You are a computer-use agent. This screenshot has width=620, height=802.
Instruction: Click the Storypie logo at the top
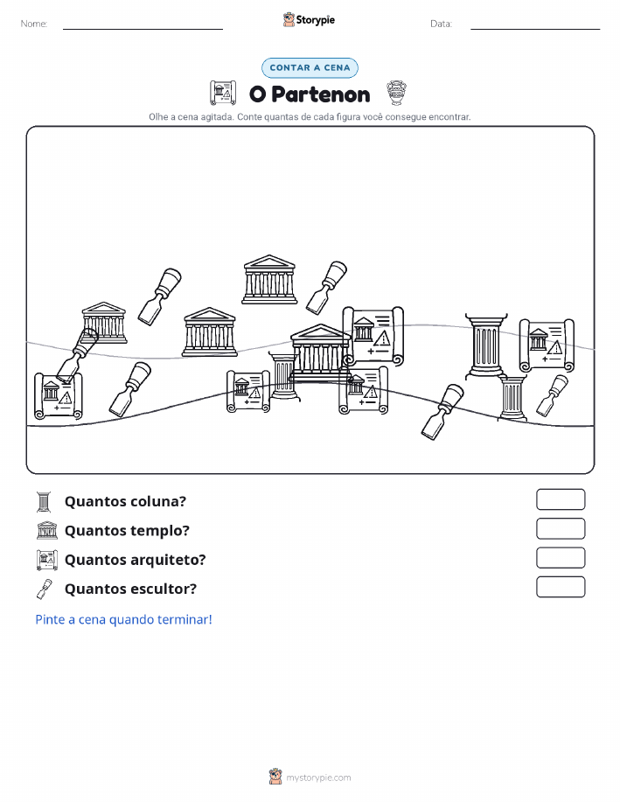point(309,20)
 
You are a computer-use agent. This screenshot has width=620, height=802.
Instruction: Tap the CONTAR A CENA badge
point(310,67)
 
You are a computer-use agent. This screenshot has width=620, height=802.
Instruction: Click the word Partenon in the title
point(321,94)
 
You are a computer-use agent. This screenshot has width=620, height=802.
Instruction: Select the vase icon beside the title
point(396,93)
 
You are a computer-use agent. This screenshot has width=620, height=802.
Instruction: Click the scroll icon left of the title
point(223,93)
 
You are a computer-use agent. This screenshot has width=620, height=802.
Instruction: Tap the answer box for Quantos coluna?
point(561,499)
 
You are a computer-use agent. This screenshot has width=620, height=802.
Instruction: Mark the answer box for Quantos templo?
point(561,529)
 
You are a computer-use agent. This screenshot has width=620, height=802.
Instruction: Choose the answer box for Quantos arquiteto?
point(561,558)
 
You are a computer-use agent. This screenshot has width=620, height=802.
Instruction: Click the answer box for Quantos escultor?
point(561,587)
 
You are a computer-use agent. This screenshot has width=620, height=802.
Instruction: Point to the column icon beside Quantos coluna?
point(44,502)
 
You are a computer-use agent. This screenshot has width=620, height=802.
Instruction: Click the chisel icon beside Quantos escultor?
point(45,589)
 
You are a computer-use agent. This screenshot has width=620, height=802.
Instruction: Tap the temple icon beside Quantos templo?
point(47,530)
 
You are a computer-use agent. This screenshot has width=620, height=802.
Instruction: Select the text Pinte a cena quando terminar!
point(123,619)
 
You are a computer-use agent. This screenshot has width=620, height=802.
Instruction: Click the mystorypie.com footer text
point(318,778)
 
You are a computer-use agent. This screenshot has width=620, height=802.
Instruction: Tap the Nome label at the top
point(34,24)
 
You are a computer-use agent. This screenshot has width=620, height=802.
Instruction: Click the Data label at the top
point(441,24)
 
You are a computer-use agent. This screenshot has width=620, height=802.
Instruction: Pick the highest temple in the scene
point(269,279)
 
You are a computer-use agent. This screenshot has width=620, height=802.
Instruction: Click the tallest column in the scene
point(486,345)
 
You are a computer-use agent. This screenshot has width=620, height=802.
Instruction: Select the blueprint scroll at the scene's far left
point(58,396)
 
